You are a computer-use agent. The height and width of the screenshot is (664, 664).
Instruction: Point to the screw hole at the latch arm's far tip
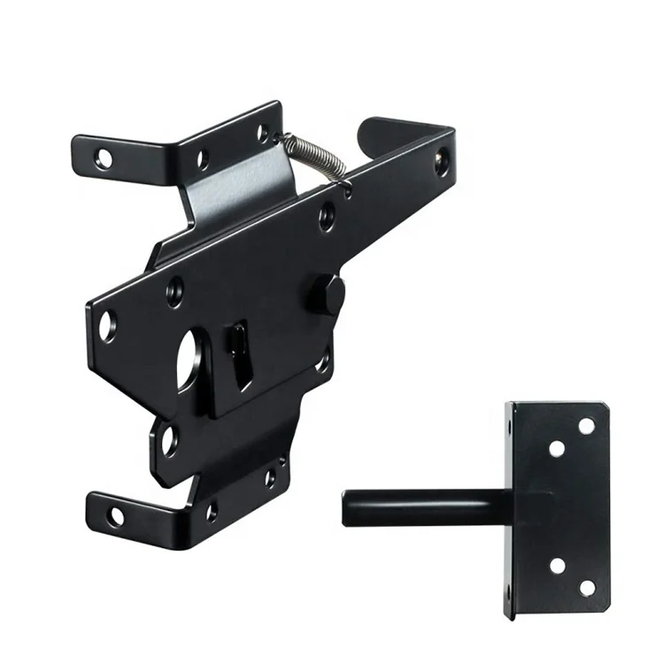(x=441, y=161)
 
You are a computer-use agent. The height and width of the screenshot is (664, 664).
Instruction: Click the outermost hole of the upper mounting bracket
(x=104, y=159)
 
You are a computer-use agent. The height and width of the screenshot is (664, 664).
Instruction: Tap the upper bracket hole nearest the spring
(x=263, y=134)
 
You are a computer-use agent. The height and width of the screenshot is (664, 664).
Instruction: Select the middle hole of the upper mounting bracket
(x=202, y=160)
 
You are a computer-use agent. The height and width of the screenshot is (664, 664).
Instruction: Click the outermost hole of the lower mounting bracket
(x=116, y=516)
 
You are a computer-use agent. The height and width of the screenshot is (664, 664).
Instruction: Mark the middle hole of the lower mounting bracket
(x=211, y=511)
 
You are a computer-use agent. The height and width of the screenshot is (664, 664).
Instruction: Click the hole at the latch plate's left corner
(x=108, y=326)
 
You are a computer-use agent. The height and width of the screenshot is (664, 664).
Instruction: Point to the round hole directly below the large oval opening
(x=168, y=439)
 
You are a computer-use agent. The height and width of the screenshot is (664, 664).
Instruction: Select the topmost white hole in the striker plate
(x=586, y=426)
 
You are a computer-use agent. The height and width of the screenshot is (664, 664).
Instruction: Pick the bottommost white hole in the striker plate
(x=587, y=587)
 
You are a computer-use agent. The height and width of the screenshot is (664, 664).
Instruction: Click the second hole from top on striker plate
(x=557, y=449)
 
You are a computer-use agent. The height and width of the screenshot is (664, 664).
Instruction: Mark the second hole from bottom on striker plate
(x=557, y=564)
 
